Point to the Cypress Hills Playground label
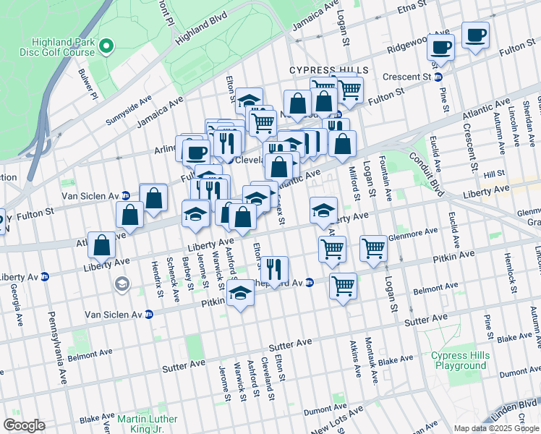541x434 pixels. pos(459,360)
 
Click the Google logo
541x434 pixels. pos(23,425)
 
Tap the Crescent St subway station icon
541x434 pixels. pos(438,77)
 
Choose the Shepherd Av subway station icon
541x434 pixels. pos(309,283)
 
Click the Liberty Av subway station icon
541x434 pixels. pos(44,276)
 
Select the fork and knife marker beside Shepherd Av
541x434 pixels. pos(273,269)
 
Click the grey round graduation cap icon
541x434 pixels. pos(121,284)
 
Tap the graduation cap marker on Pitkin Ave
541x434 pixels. pos(240,294)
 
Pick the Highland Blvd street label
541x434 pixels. pos(195,33)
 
